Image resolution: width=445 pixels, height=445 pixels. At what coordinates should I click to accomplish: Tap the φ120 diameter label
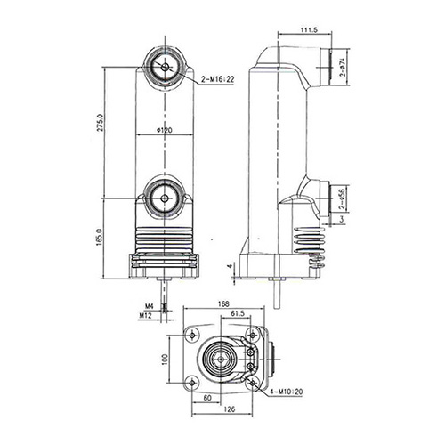(164, 130)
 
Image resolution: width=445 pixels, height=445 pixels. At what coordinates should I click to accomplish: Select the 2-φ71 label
(344, 66)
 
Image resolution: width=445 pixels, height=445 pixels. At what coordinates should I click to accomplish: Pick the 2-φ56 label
(344, 198)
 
